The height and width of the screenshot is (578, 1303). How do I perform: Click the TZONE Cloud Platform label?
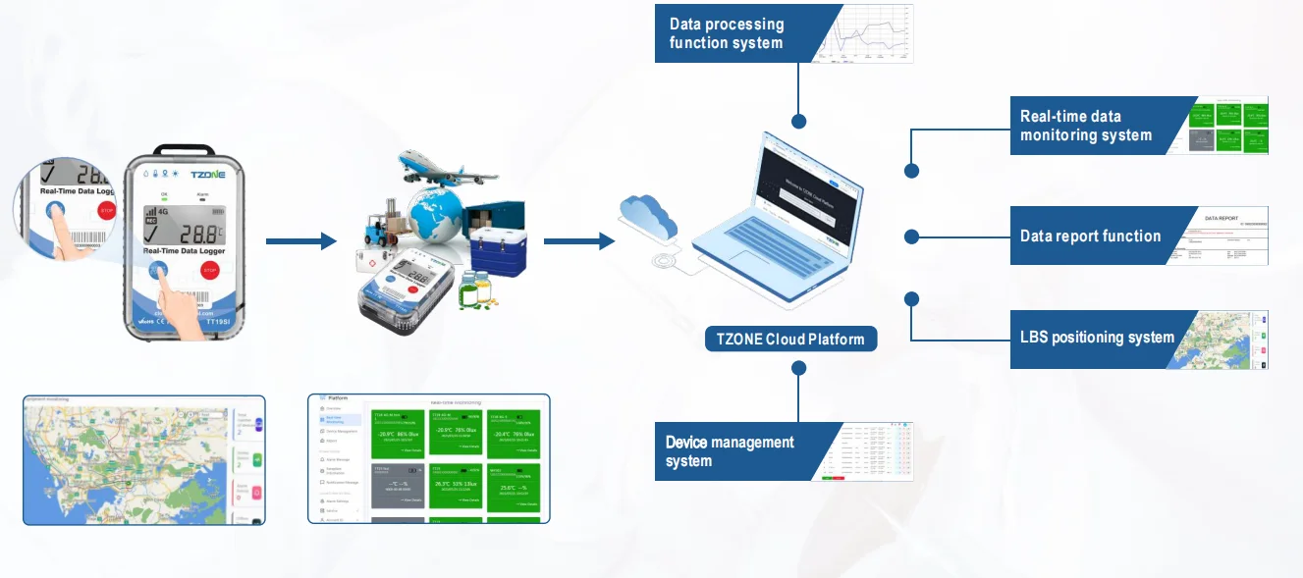(x=790, y=340)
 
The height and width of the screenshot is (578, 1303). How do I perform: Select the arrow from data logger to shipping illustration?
(x=300, y=241)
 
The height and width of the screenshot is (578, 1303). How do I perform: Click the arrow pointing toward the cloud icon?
(x=578, y=241)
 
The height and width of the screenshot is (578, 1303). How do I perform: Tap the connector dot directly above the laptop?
(x=799, y=122)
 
